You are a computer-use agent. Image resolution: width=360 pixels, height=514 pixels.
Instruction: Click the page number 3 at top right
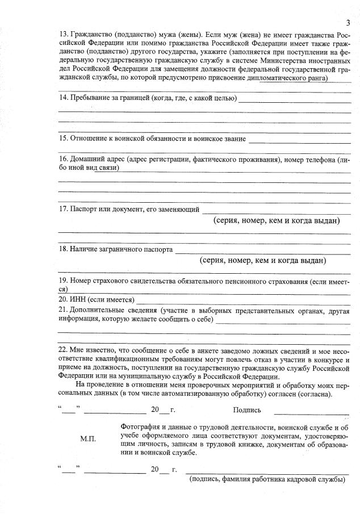[x=348, y=22]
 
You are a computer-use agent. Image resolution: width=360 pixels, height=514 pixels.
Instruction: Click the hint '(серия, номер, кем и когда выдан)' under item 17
[x=276, y=220]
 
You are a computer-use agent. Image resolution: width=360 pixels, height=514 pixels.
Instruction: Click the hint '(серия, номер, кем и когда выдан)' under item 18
[x=263, y=261]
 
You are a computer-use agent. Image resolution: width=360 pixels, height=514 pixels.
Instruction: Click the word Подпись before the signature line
[x=247, y=409]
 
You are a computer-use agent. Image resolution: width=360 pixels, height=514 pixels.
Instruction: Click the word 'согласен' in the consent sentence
[x=282, y=393]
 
